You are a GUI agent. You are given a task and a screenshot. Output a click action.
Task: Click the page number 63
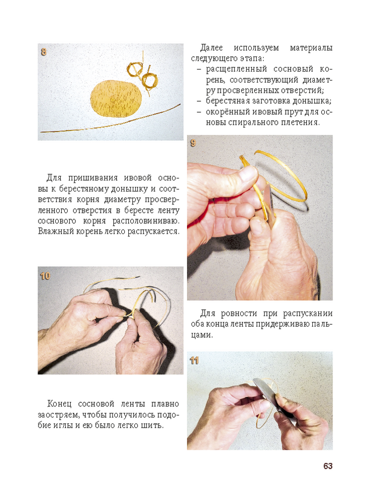[x=328, y=466]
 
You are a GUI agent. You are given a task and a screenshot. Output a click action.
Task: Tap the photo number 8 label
[x=44, y=52]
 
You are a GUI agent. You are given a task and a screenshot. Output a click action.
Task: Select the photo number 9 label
[x=193, y=143]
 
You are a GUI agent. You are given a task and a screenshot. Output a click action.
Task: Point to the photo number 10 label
[x=45, y=276]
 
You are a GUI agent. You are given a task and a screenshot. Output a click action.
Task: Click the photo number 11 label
[x=194, y=361]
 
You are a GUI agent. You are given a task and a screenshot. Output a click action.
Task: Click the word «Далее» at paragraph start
[x=212, y=48]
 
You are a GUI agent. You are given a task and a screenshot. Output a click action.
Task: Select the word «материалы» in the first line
[x=311, y=48]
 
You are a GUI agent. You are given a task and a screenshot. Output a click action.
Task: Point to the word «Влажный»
[x=56, y=231]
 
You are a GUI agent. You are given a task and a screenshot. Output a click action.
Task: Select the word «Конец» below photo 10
[x=59, y=404]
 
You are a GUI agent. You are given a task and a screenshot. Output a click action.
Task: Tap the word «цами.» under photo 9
[x=202, y=335]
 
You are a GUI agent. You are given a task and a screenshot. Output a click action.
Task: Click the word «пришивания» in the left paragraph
[x=93, y=178]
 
